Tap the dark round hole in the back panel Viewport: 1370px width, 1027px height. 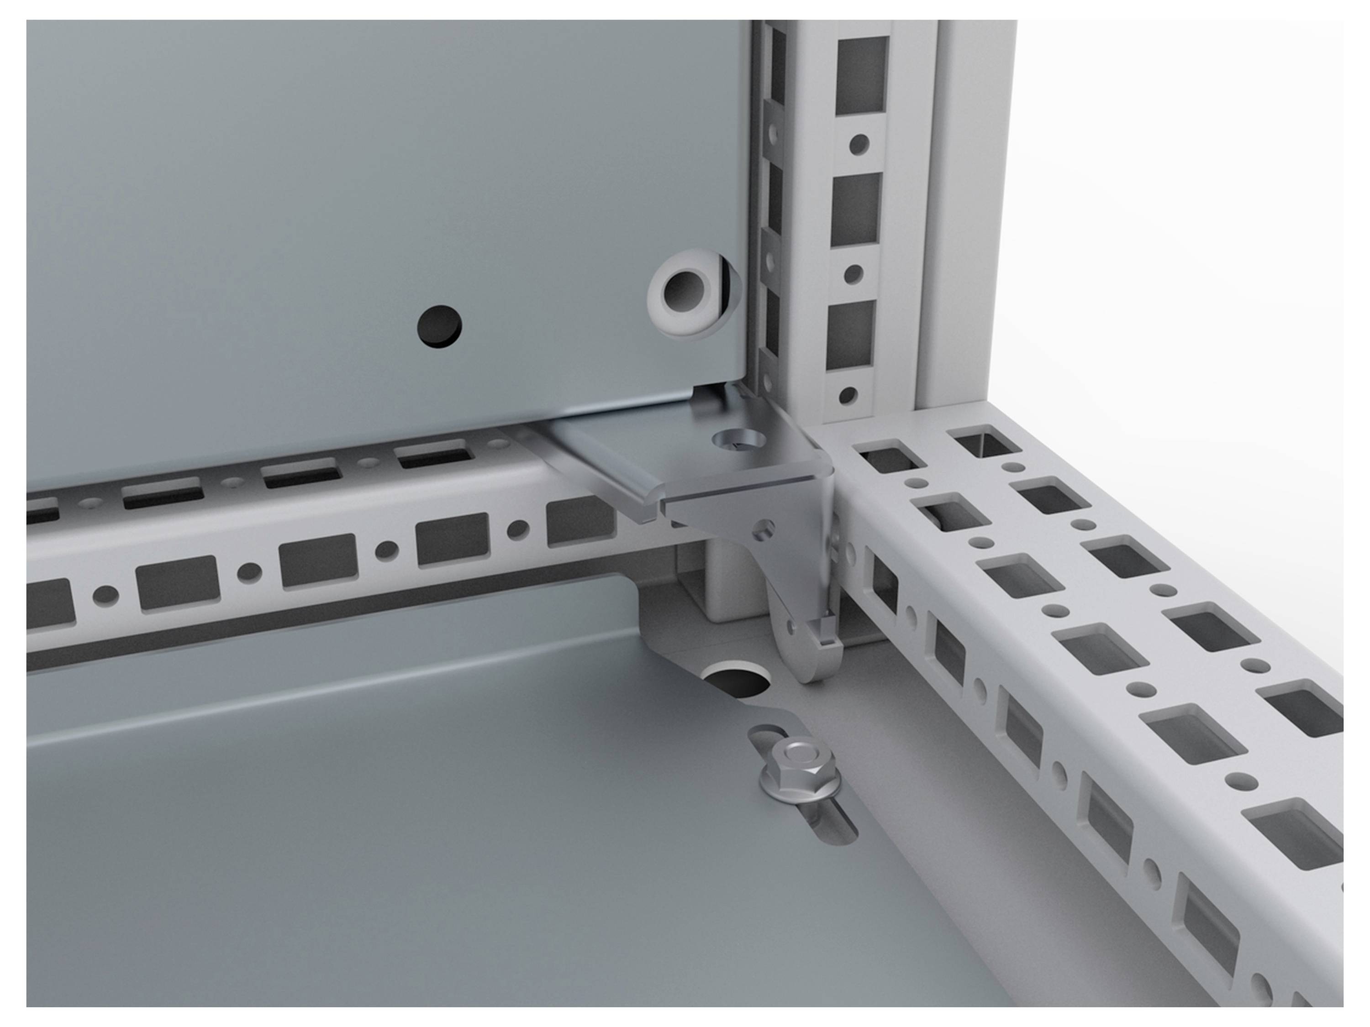(439, 325)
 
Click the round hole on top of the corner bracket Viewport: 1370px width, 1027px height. (738, 442)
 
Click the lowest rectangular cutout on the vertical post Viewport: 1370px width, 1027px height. (850, 337)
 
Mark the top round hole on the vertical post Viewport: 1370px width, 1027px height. (859, 145)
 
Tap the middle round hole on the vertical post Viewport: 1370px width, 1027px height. (854, 274)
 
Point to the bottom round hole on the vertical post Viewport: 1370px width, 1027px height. (848, 396)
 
